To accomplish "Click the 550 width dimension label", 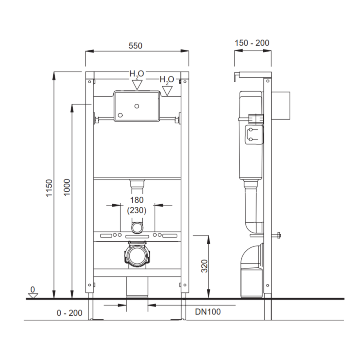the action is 135,46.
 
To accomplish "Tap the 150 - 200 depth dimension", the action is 252,43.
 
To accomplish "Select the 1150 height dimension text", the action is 49,188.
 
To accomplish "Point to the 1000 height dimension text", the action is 67,187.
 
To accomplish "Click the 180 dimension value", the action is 137,200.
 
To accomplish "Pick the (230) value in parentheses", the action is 137,210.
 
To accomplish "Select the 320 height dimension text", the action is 204,266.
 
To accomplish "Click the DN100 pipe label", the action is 208,311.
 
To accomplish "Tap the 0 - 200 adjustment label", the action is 70,313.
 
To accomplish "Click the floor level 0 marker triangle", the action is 33,296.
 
